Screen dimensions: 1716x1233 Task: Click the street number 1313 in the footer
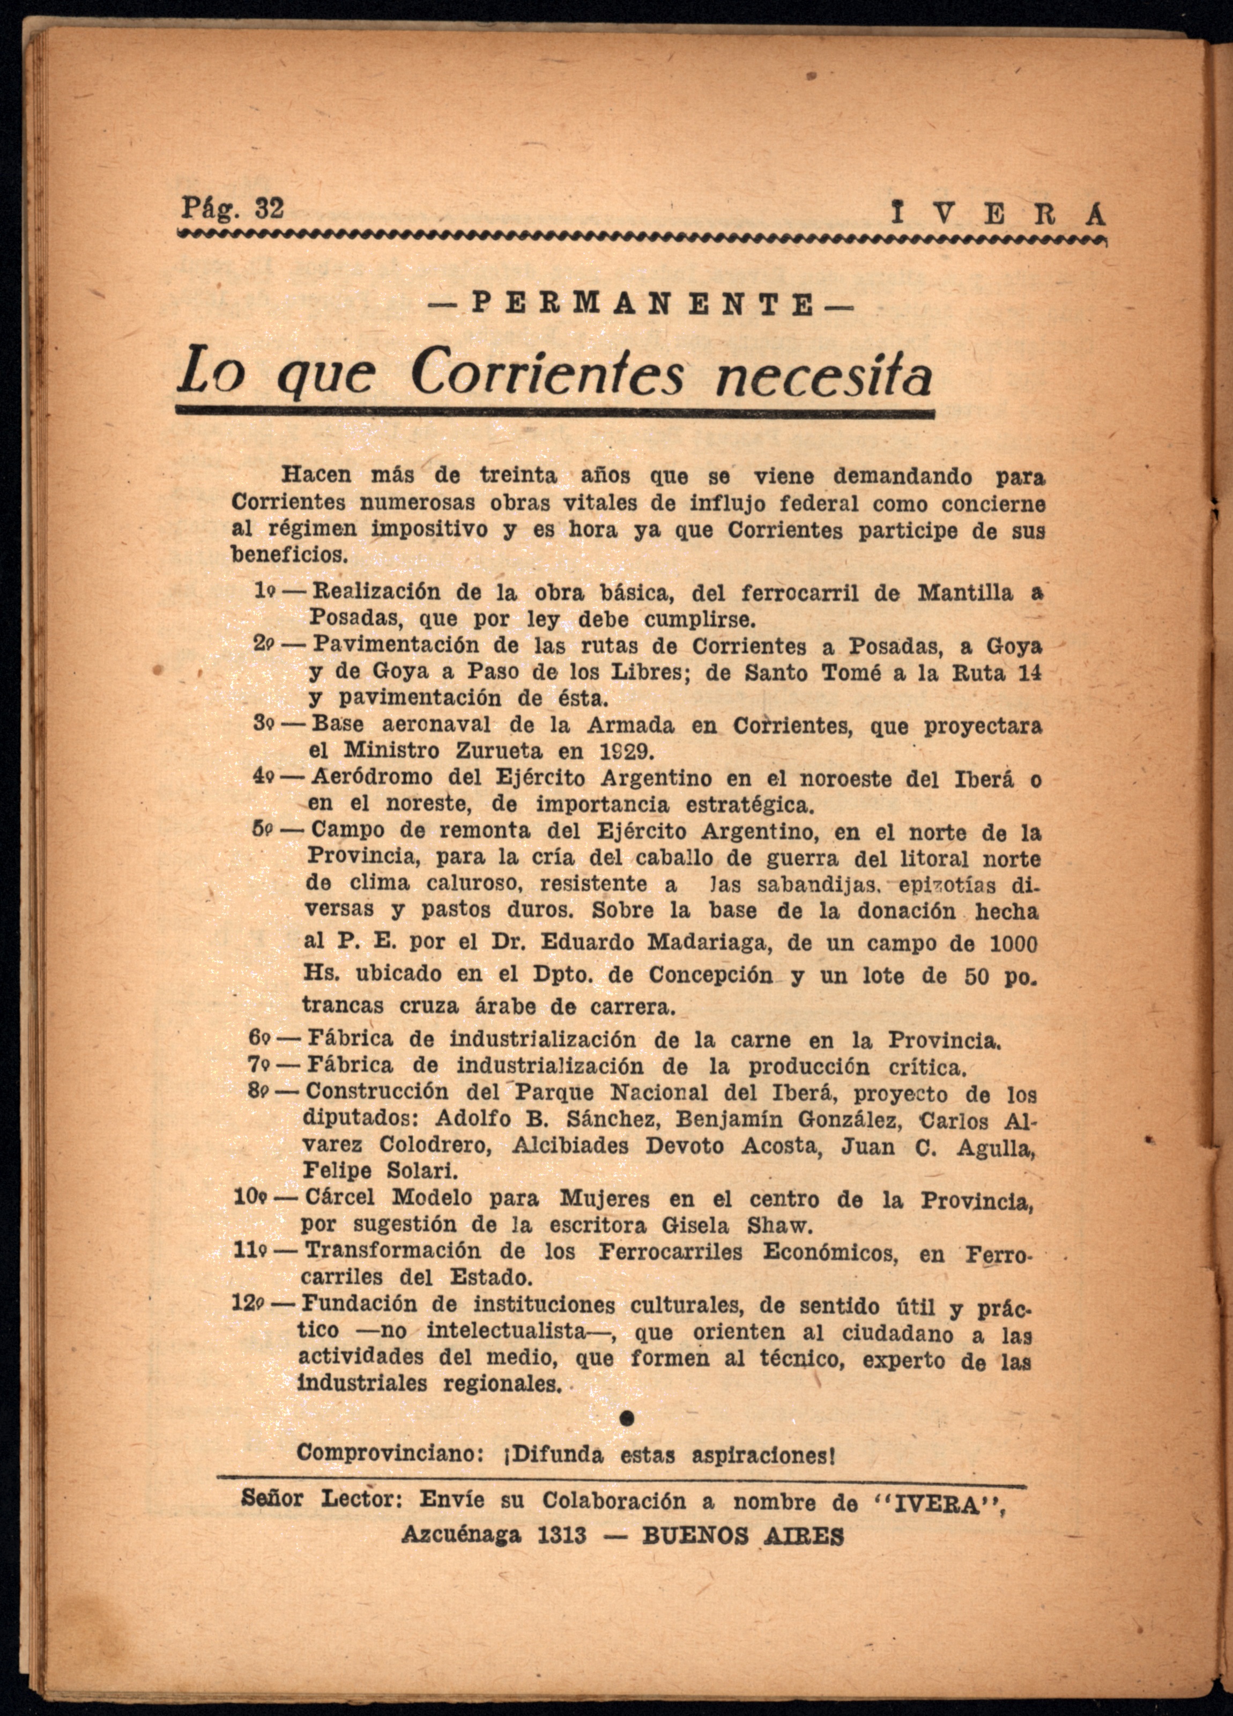pyautogui.click(x=561, y=1535)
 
